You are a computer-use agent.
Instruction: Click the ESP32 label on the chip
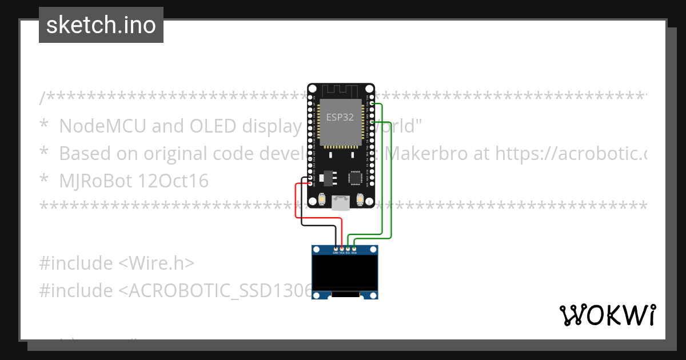coord(340,117)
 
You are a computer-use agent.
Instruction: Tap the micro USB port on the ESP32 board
coord(341,203)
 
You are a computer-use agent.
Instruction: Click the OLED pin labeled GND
coord(336,249)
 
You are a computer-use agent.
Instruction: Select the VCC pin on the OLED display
coord(342,249)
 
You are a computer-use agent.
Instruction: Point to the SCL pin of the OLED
coord(348,249)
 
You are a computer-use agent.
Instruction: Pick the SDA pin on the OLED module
coord(354,249)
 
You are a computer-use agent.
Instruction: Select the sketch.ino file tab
coord(101,25)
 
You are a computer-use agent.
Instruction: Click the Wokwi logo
coord(607,315)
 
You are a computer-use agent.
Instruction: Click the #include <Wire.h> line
coord(117,263)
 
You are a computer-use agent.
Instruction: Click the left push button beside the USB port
coord(322,199)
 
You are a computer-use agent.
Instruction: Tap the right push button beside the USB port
coord(360,199)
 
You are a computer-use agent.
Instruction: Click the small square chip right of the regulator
coord(356,178)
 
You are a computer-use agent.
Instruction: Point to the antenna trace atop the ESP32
coord(341,90)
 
